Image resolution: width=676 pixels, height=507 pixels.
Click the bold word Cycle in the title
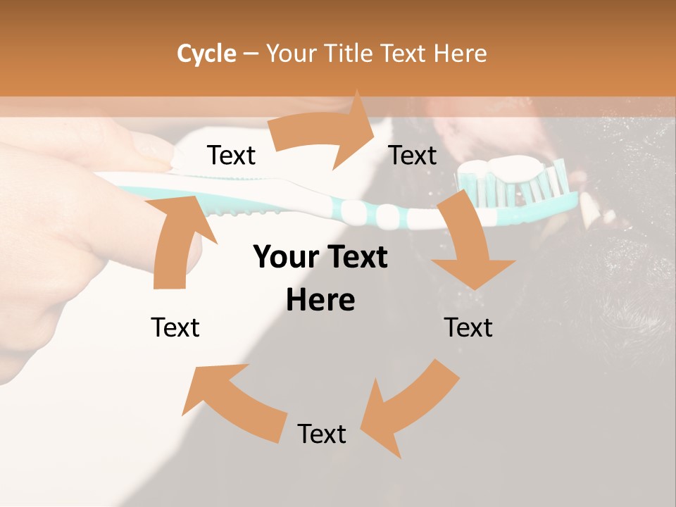(x=206, y=54)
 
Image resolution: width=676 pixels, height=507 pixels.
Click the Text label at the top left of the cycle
(x=231, y=155)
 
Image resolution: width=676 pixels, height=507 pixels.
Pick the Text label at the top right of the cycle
(x=413, y=155)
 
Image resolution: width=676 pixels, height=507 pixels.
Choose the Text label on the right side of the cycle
(x=468, y=327)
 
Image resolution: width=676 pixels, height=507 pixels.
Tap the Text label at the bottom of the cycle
(x=322, y=434)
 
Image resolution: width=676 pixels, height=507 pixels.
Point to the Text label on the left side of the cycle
(x=175, y=327)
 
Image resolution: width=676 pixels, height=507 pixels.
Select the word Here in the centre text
(x=320, y=301)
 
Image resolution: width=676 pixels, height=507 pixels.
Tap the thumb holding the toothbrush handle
(x=151, y=151)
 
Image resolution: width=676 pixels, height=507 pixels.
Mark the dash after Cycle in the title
(x=250, y=54)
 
